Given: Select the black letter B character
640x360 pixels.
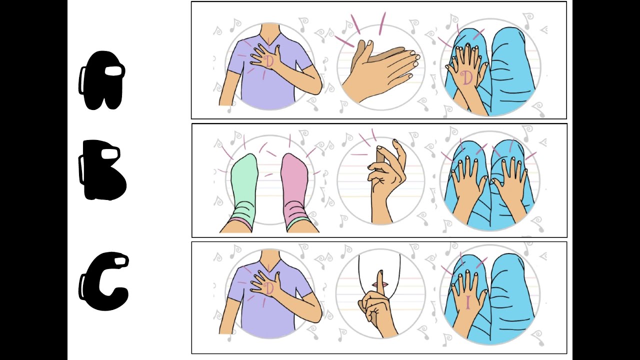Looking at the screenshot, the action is click(x=101, y=170).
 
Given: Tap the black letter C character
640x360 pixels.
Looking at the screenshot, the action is click(x=103, y=281).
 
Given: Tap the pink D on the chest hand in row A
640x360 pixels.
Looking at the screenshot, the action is click(x=269, y=61).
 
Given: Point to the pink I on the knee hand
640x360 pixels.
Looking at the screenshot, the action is click(x=467, y=303).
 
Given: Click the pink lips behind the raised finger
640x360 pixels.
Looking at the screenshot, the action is click(x=380, y=285).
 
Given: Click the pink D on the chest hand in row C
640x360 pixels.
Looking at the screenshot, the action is click(x=269, y=289).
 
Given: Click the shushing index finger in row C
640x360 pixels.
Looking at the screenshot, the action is click(x=379, y=283).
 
